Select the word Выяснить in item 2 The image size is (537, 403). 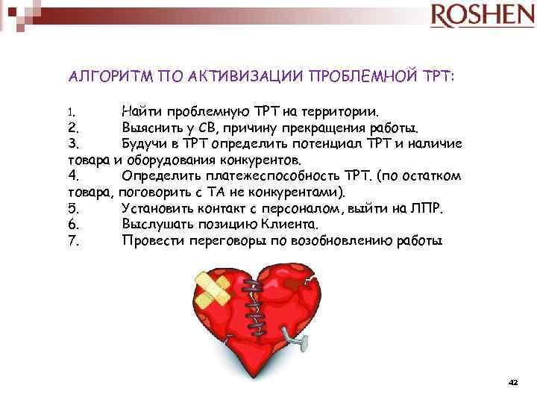(x=151, y=127)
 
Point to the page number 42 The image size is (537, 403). (x=512, y=381)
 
